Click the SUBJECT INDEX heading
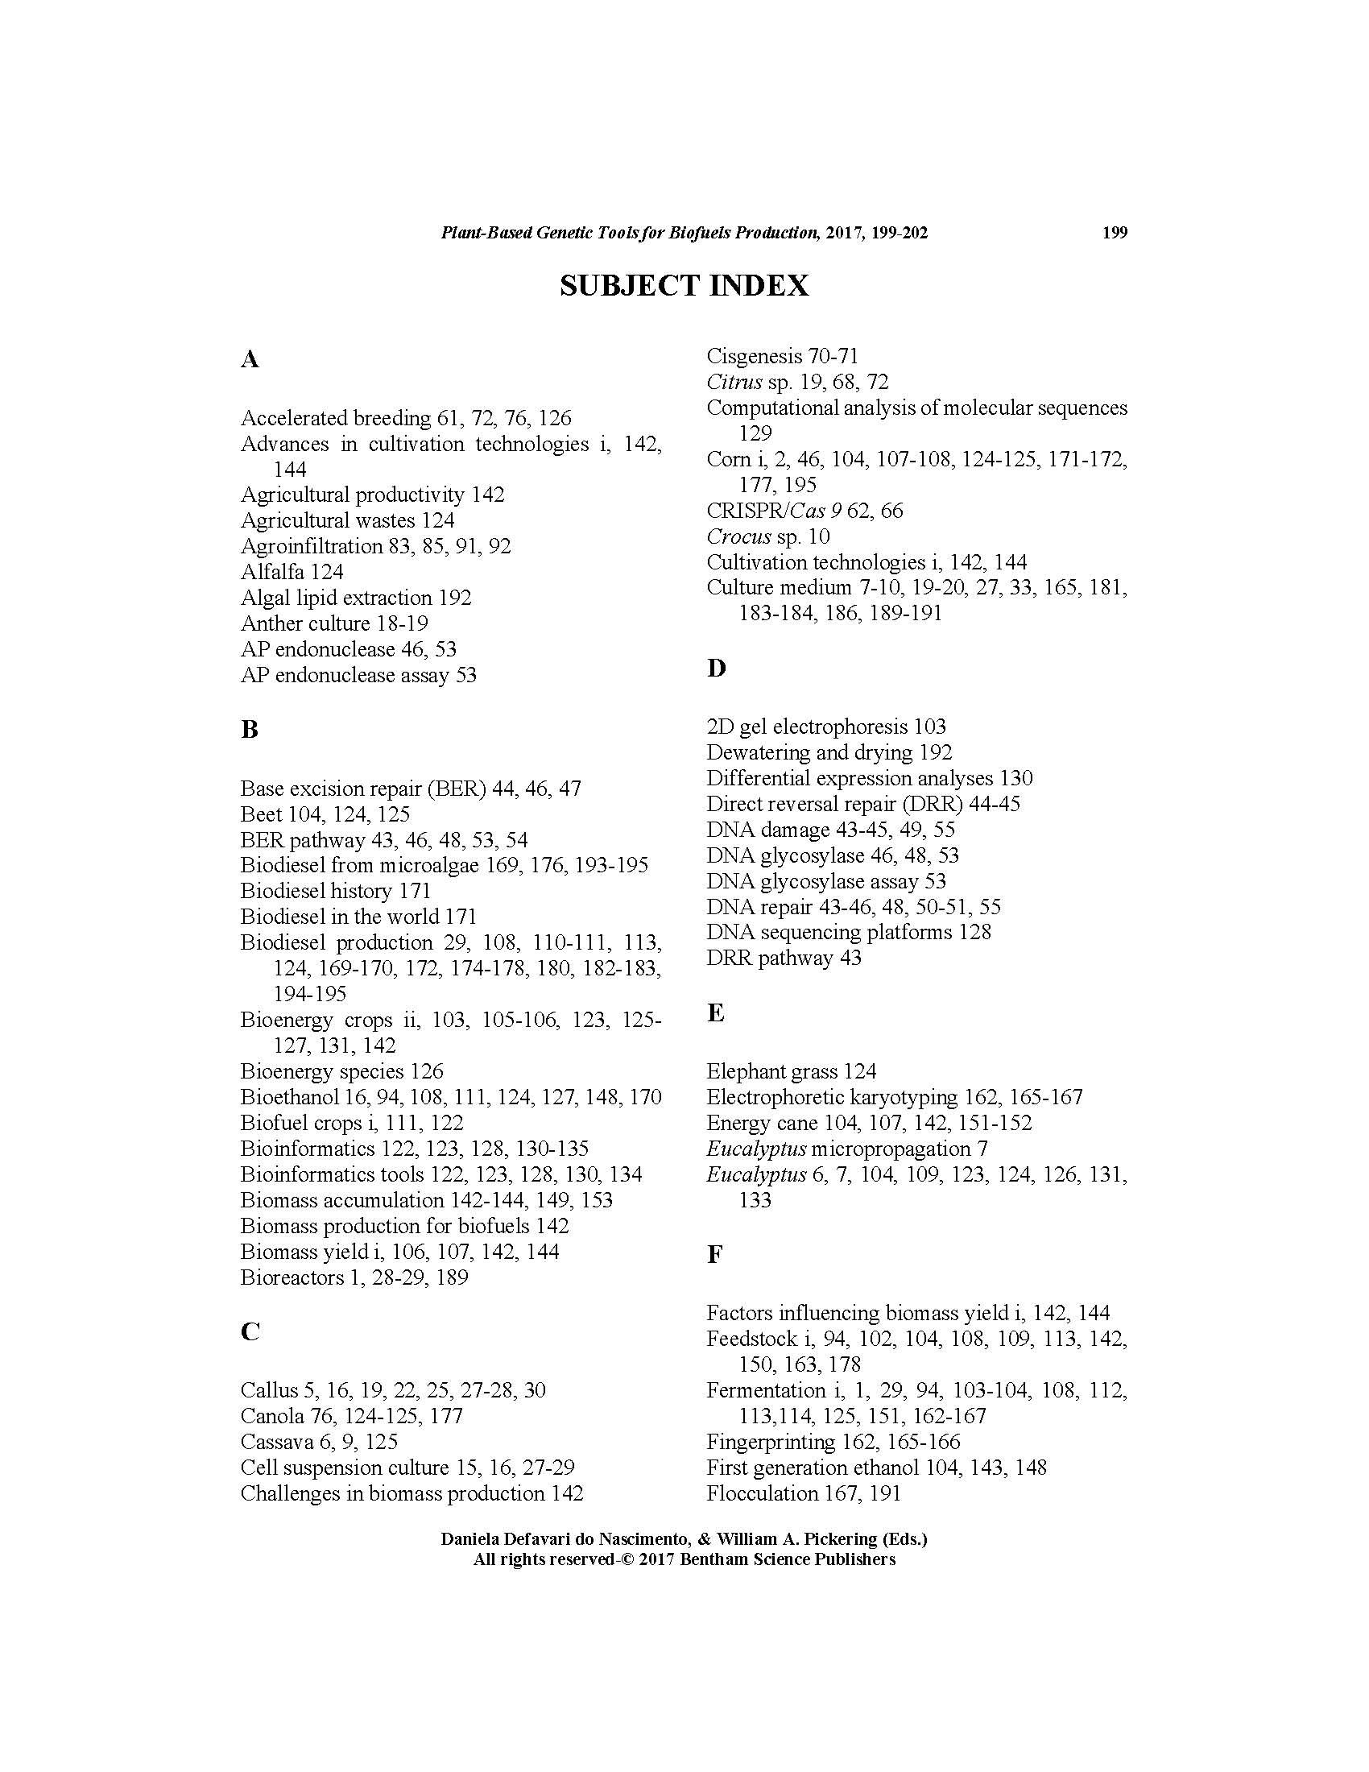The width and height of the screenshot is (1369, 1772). click(684, 286)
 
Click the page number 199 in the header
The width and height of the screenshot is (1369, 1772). click(1115, 233)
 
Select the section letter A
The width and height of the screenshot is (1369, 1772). click(249, 358)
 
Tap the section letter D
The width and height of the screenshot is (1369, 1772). click(716, 669)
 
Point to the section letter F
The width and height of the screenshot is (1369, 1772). click(713, 1254)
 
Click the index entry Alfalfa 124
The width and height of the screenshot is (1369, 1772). click(292, 572)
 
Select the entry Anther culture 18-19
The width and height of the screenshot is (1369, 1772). click(334, 623)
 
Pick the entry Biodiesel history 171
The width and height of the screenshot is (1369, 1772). click(335, 890)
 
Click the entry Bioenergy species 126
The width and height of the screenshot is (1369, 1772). click(341, 1071)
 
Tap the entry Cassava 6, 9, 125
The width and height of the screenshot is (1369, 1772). click(319, 1442)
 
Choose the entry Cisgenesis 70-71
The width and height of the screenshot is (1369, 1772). click(782, 356)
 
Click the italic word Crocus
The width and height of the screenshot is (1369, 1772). click(738, 536)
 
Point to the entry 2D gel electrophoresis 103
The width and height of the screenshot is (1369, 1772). click(825, 727)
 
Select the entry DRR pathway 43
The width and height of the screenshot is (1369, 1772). click(784, 958)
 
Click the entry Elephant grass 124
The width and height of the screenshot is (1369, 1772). click(791, 1071)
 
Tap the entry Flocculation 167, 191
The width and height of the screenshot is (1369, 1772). click(803, 1493)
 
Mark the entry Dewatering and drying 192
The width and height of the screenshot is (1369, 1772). click(829, 752)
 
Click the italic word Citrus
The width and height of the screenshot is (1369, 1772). click(734, 381)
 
